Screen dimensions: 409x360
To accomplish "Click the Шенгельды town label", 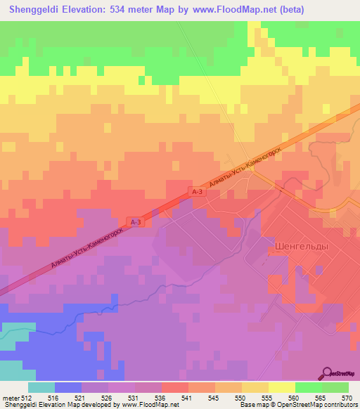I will tap(294, 247).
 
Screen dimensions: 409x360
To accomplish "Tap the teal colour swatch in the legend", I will tap(41, 387).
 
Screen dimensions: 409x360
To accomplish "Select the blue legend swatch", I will tap(67, 387).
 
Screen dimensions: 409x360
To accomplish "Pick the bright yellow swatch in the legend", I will tap(281, 387).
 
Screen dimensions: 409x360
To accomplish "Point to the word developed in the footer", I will tap(91, 404).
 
